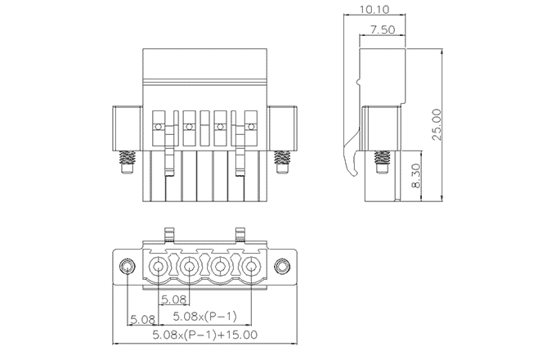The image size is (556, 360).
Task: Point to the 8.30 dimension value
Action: (416, 174)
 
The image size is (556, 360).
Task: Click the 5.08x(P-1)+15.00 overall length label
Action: (205, 335)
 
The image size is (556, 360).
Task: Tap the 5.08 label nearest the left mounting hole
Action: (142, 318)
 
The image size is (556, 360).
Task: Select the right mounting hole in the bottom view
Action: (282, 267)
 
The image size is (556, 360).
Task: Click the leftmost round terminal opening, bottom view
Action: (159, 267)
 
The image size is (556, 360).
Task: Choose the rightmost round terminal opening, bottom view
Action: (250, 267)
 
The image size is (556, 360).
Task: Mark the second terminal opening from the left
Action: (190, 267)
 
